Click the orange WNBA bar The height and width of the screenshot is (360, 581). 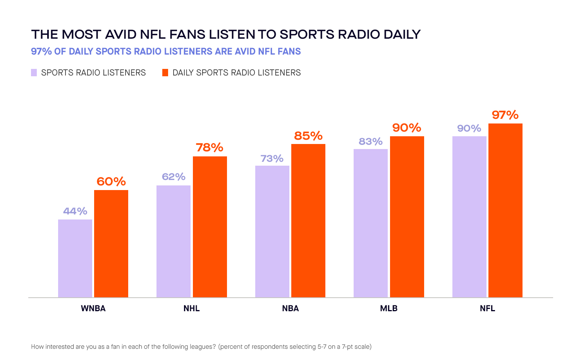point(111,244)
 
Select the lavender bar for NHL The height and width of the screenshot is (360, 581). point(174,242)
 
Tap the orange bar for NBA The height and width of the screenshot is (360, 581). point(308,221)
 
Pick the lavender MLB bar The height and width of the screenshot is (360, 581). point(371,223)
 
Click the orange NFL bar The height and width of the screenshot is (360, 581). point(505,211)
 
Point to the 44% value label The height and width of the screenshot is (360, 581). point(75,211)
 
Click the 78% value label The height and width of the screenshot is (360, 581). point(210,147)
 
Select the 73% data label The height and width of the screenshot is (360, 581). point(272,159)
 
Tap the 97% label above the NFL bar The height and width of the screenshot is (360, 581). point(505,115)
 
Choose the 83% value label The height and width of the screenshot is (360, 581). point(371,142)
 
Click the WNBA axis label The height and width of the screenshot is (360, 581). point(93,309)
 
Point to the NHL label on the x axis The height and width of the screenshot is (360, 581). point(192,309)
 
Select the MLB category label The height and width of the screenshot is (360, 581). point(389,309)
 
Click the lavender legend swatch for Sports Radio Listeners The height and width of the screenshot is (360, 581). point(34,73)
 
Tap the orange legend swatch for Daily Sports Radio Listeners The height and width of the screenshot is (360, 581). point(165,73)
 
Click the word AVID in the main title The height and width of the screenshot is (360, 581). point(121,34)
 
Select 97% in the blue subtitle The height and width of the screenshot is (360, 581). point(41,51)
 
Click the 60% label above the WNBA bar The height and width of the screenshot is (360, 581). point(111,182)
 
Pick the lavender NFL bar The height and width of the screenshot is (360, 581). point(469,217)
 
